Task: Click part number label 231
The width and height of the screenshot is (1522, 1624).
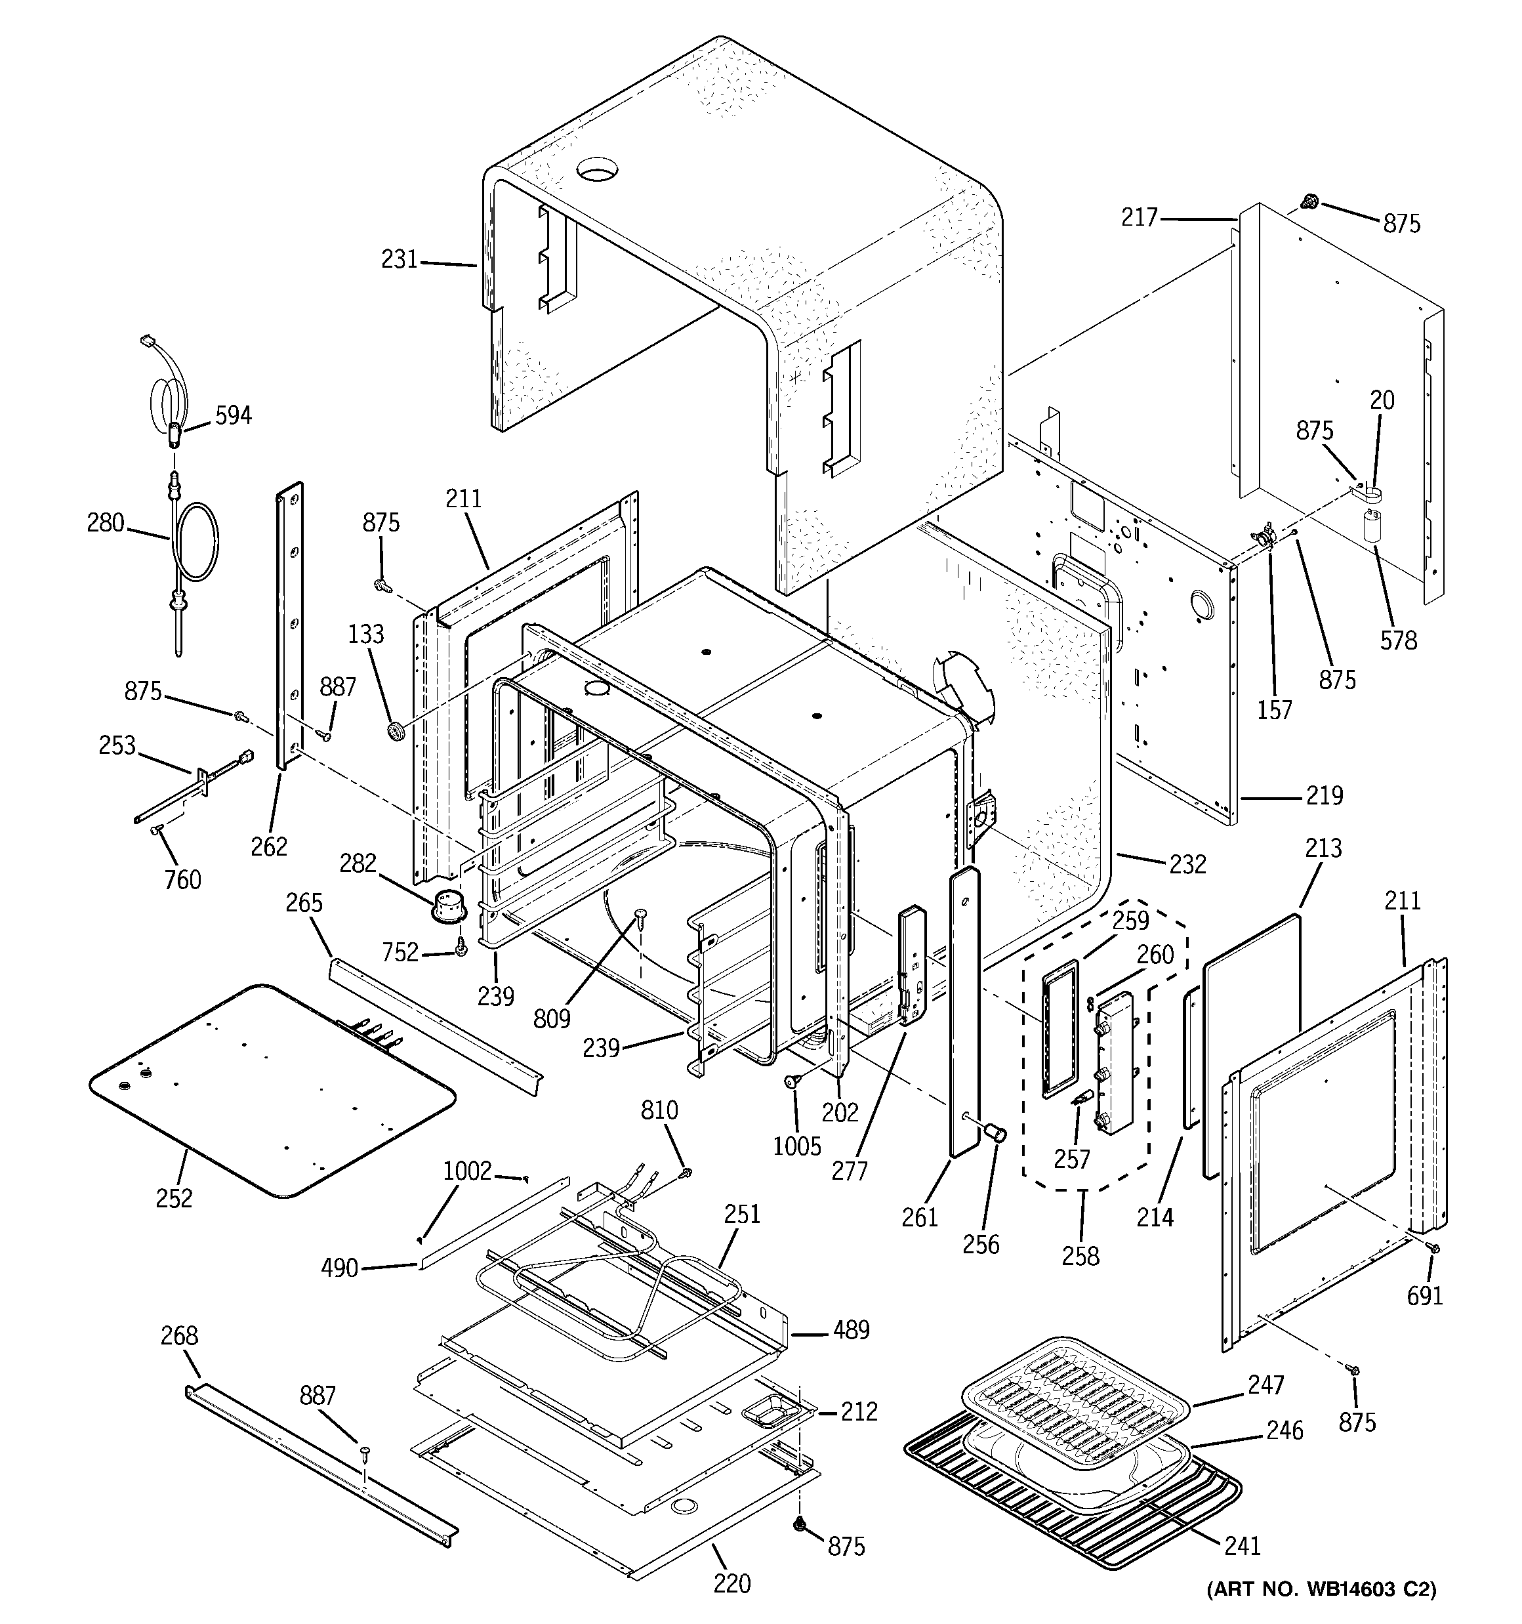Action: pyautogui.click(x=399, y=260)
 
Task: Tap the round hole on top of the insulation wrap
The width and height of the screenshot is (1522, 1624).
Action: pyautogui.click(x=596, y=171)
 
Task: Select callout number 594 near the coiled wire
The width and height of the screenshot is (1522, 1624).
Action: pyautogui.click(x=233, y=416)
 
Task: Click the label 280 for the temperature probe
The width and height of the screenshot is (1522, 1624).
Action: pyautogui.click(x=106, y=523)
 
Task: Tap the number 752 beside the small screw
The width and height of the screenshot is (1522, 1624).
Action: pyautogui.click(x=400, y=953)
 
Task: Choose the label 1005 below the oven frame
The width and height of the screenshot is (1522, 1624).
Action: pyautogui.click(x=796, y=1146)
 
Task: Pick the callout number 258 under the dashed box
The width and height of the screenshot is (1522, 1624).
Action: pyautogui.click(x=1081, y=1256)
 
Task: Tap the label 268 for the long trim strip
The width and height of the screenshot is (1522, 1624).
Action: pyautogui.click(x=179, y=1336)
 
